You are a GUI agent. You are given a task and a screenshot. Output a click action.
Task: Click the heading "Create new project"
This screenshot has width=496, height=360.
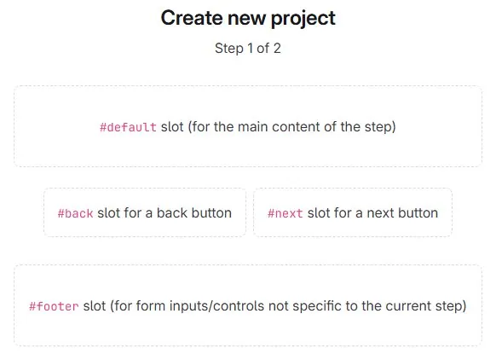tap(248, 17)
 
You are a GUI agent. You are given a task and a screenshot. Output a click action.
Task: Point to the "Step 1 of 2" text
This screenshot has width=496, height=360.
tap(248, 49)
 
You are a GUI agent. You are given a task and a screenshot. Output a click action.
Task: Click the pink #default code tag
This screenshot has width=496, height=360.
tap(128, 127)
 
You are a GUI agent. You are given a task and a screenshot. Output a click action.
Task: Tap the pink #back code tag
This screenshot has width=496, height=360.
tap(75, 213)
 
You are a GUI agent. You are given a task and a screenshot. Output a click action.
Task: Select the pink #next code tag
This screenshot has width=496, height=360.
tap(285, 213)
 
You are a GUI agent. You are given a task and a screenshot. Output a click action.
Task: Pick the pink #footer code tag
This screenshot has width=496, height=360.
tap(54, 305)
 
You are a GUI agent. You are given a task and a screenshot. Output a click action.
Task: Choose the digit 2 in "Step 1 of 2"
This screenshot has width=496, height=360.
tap(277, 49)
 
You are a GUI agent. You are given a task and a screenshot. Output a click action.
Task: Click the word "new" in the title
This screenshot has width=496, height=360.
tap(248, 18)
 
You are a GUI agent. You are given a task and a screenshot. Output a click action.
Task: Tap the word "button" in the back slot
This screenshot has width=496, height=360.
tap(210, 213)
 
